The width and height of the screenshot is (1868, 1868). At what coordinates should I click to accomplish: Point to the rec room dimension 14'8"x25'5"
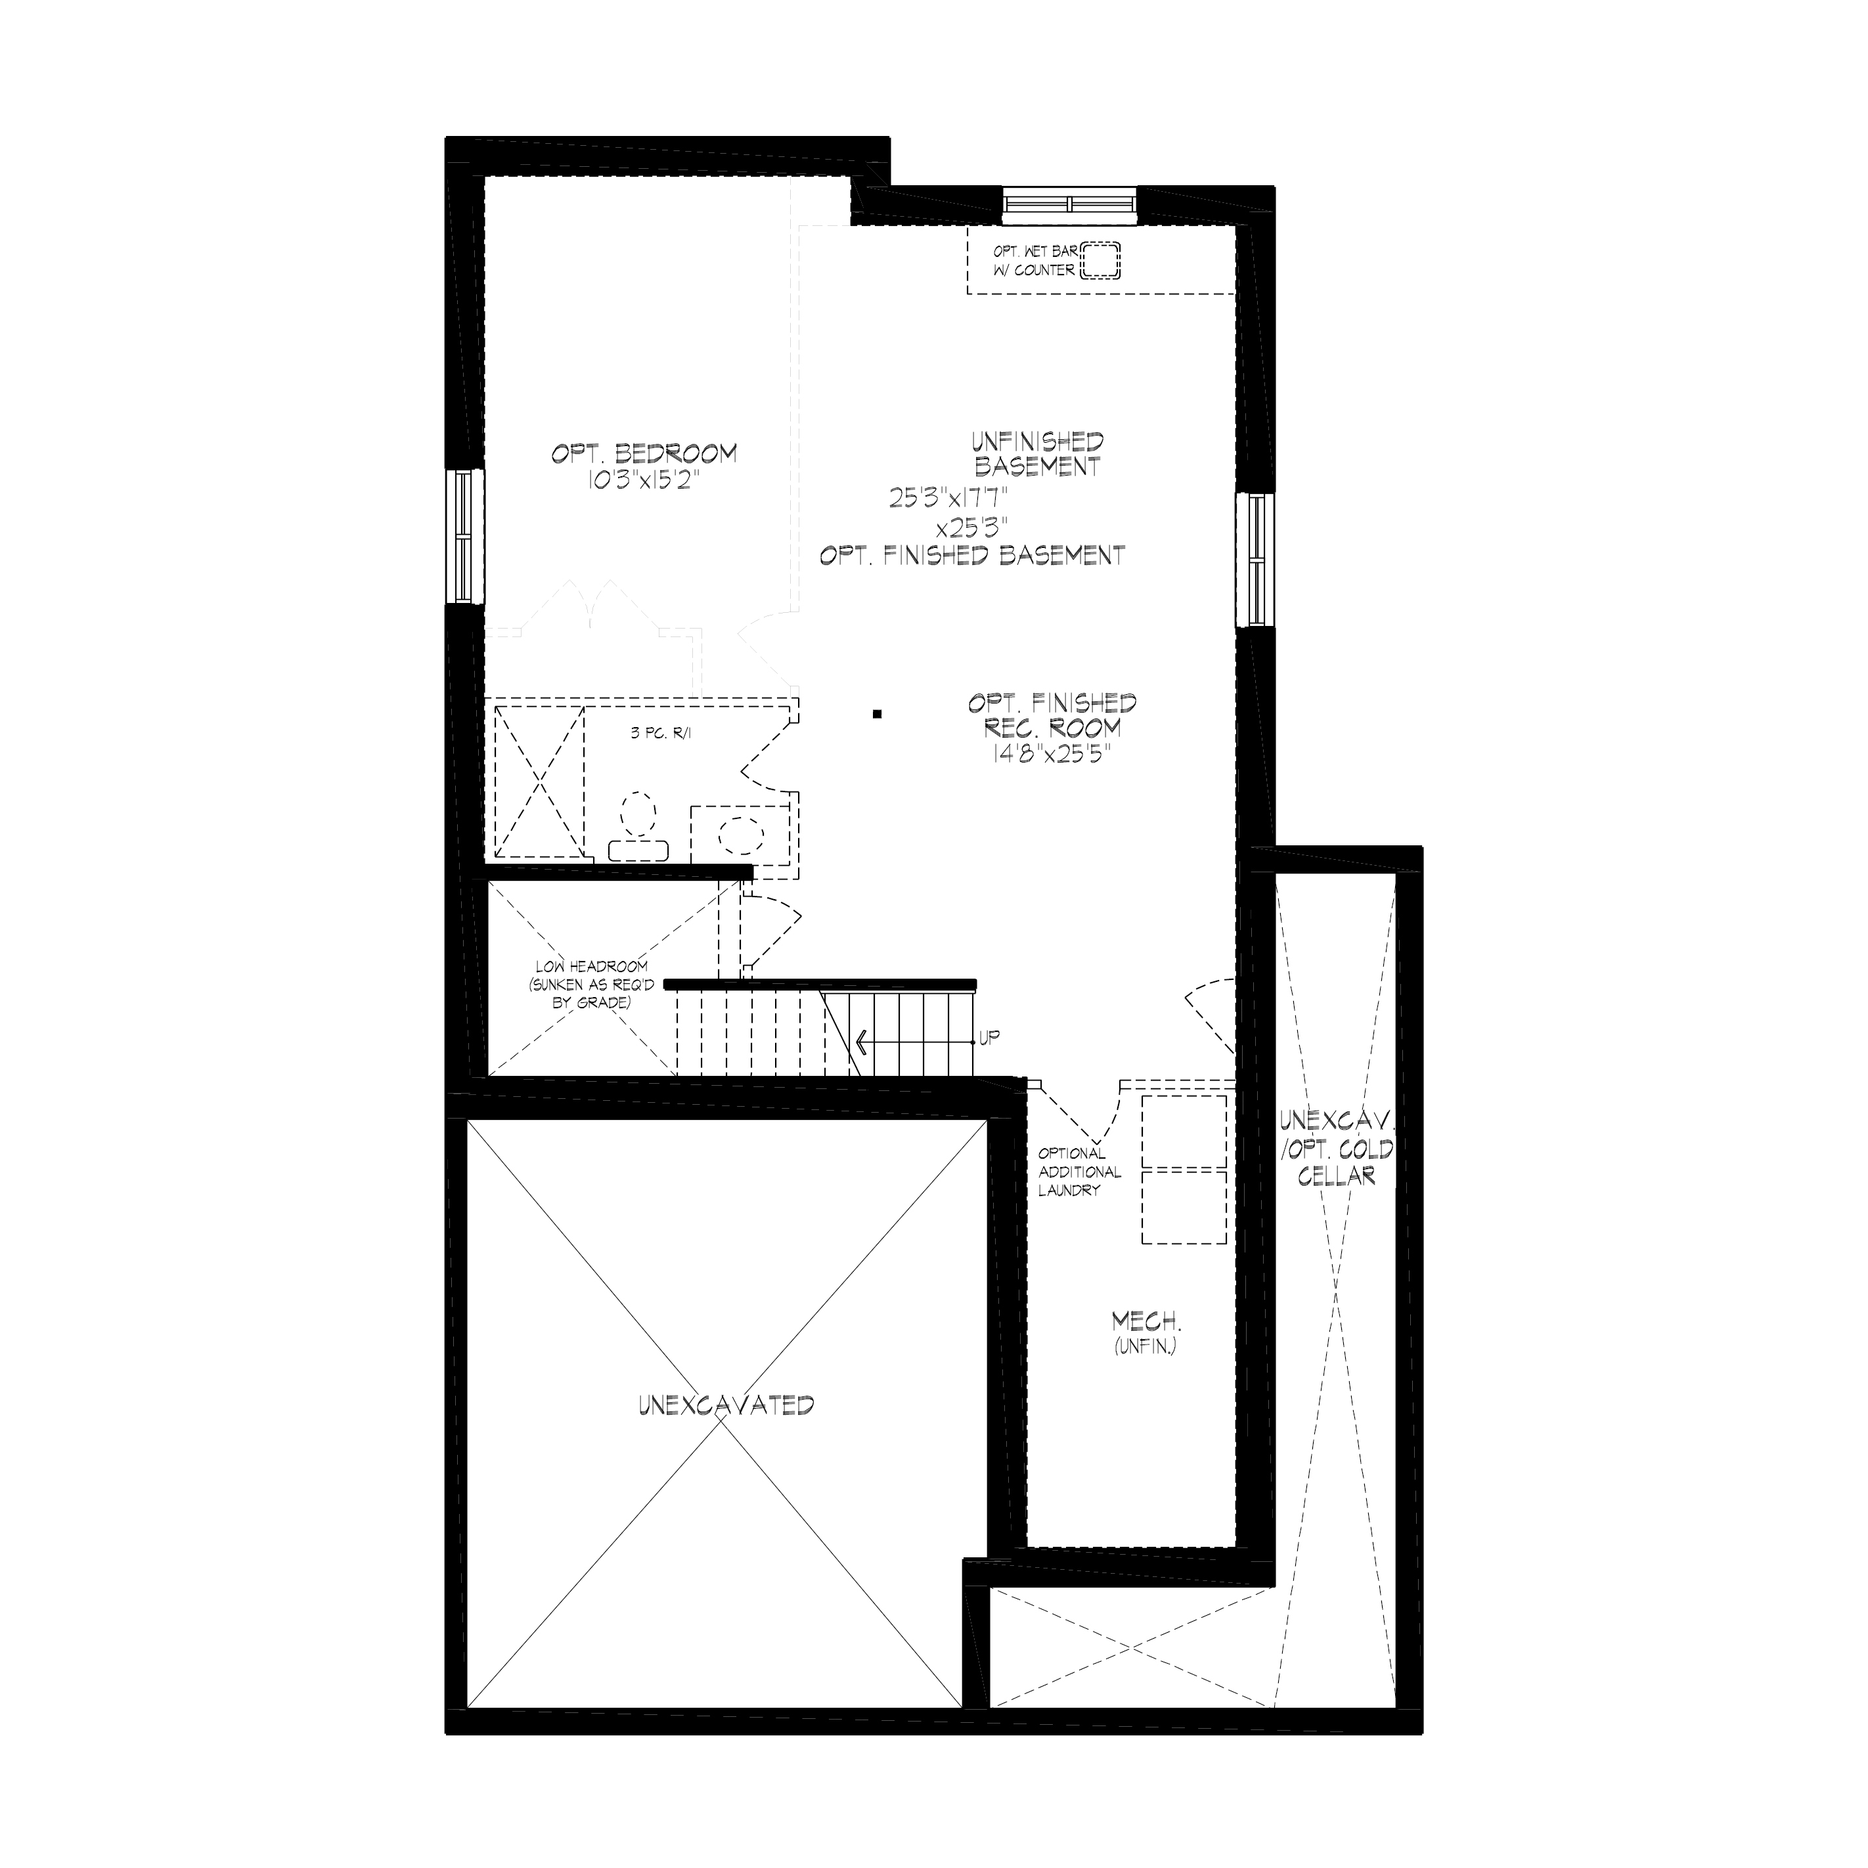(x=1052, y=754)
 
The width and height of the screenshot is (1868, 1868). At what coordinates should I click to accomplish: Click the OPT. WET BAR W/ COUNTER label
(x=1034, y=261)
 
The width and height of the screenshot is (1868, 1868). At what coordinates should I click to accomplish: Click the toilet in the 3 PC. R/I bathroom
(x=637, y=828)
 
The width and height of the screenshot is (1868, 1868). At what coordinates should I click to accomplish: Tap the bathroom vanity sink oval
(x=742, y=834)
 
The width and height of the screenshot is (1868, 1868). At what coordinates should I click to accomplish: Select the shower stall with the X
(x=539, y=781)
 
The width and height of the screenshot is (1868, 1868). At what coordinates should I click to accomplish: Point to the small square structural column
(x=877, y=715)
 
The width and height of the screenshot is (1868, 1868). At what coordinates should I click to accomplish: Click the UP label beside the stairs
(x=989, y=1038)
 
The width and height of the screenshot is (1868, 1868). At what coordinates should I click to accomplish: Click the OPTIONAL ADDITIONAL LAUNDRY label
(x=1080, y=1172)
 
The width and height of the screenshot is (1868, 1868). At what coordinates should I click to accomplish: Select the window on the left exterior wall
(x=465, y=537)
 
